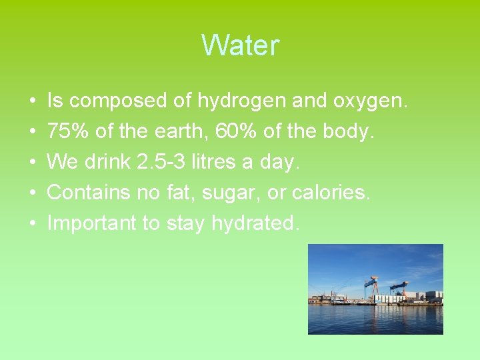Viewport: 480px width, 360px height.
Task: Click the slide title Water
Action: click(x=240, y=46)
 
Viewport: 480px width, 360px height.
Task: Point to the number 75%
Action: click(x=69, y=131)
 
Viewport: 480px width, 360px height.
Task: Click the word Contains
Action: click(x=89, y=193)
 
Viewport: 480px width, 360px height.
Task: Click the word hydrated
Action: click(x=253, y=223)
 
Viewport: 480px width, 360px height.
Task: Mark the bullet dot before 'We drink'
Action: click(x=33, y=163)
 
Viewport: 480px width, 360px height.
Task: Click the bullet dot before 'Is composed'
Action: click(x=33, y=101)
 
